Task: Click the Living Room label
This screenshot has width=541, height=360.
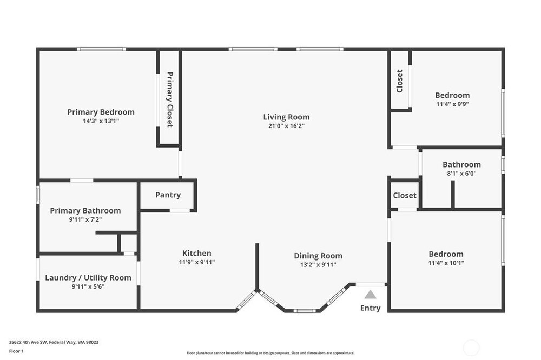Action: click(x=286, y=117)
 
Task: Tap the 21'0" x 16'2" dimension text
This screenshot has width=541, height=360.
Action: click(x=286, y=126)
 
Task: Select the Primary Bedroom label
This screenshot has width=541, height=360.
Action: click(x=101, y=112)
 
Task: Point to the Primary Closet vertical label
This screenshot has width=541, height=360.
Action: click(x=170, y=99)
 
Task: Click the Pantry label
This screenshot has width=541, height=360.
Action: click(x=168, y=195)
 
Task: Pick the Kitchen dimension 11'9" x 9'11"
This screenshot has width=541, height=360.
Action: click(x=197, y=262)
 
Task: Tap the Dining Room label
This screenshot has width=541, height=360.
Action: click(x=318, y=256)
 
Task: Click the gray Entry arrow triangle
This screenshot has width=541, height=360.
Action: click(x=370, y=295)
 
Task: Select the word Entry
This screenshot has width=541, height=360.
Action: click(x=370, y=308)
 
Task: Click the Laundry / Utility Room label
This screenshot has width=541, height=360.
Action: click(x=88, y=278)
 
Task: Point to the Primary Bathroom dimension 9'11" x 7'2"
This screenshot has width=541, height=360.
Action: click(x=85, y=219)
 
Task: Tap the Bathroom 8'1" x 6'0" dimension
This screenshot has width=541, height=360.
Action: click(x=461, y=174)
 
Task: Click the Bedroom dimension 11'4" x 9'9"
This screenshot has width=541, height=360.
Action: click(x=452, y=104)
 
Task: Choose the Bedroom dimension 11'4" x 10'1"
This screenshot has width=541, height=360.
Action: click(x=446, y=263)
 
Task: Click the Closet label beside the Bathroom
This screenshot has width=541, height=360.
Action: click(x=405, y=196)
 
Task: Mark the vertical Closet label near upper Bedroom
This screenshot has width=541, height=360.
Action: click(x=400, y=81)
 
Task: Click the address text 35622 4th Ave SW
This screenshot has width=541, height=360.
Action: click(x=28, y=342)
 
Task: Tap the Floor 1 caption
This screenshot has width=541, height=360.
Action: click(x=16, y=351)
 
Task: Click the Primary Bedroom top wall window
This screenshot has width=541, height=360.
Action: click(x=102, y=49)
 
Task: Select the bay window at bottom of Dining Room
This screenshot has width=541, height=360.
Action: click(x=305, y=311)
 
